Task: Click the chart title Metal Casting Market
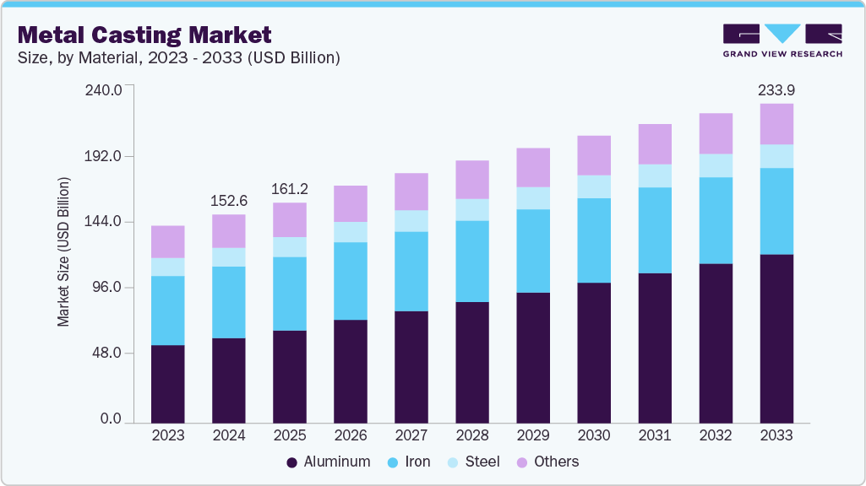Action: pyautogui.click(x=144, y=35)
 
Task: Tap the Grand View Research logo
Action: pyautogui.click(x=782, y=40)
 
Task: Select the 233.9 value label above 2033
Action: pyautogui.click(x=776, y=89)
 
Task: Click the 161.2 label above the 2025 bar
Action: pyautogui.click(x=290, y=188)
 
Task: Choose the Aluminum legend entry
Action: pyautogui.click(x=329, y=462)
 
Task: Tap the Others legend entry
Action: pyautogui.click(x=547, y=462)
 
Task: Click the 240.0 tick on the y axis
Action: pyautogui.click(x=106, y=89)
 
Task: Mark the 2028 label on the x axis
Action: pyautogui.click(x=472, y=435)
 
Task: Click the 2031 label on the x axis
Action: pyautogui.click(x=655, y=435)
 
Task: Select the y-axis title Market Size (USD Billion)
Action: pyautogui.click(x=63, y=252)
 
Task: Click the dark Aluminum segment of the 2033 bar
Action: pyautogui.click(x=776, y=337)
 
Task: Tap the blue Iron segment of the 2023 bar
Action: pyautogui.click(x=168, y=310)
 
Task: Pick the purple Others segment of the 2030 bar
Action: pyautogui.click(x=594, y=155)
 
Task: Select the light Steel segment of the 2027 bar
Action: pyautogui.click(x=411, y=221)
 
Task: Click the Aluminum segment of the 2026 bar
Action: pyautogui.click(x=351, y=371)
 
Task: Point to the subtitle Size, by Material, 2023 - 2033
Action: pyautogui.click(x=179, y=58)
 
